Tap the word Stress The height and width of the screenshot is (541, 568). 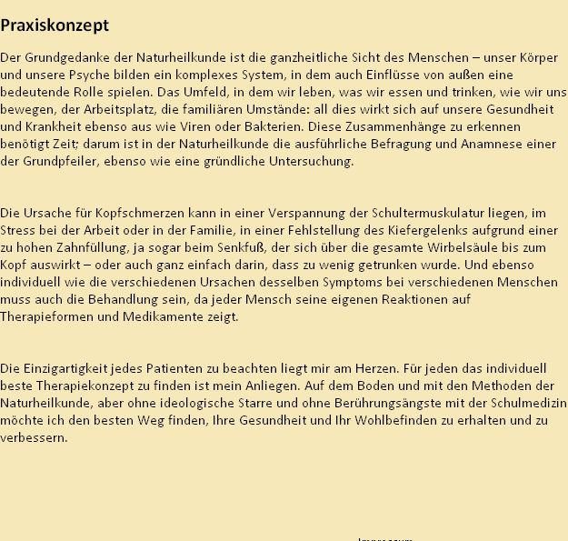tap(18, 231)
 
